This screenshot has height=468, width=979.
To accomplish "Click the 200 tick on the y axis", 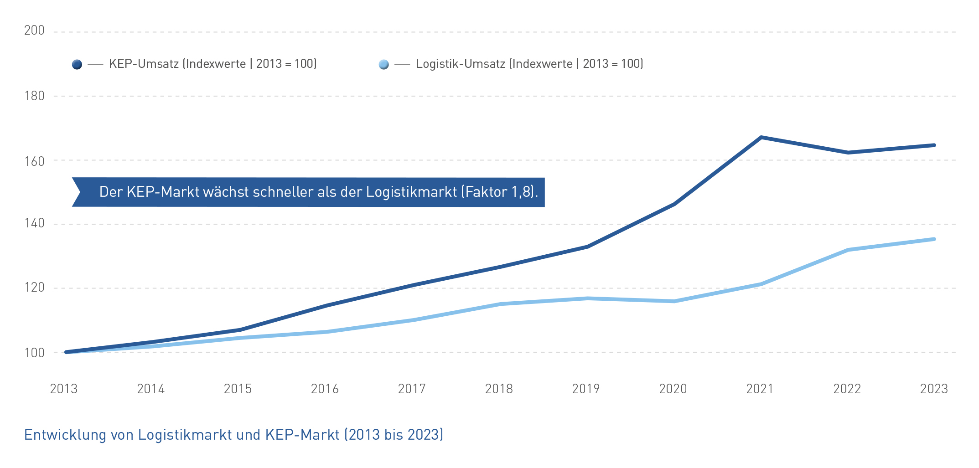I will coord(34,31).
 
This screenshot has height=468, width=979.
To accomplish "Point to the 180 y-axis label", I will coord(34,96).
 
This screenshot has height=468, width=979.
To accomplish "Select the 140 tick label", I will coord(34,223).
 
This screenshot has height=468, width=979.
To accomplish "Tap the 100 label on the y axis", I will coord(34,353).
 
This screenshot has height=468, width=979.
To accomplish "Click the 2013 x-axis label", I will coord(64,389).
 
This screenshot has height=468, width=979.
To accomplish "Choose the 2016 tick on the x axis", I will coord(325,389).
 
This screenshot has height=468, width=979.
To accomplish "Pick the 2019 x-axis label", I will coord(586,389).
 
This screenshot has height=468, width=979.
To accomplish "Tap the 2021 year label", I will coord(760,389).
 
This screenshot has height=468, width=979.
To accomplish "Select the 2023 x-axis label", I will coord(934,389).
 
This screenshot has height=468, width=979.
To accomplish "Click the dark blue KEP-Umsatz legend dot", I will coord(77,65).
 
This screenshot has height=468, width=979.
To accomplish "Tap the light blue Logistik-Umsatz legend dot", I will coord(384,65).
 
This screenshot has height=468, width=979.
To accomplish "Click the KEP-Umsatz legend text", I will coord(212,64).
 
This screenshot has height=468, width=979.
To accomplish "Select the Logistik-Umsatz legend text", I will coord(529,64).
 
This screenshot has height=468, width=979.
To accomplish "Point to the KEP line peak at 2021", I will coord(761,137).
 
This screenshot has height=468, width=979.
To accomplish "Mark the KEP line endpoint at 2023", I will coord(934,145).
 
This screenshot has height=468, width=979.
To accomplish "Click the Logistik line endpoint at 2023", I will coord(934,239).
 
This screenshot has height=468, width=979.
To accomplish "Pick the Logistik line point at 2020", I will coord(674,301).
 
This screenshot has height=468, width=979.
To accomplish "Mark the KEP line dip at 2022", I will coord(848,152).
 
